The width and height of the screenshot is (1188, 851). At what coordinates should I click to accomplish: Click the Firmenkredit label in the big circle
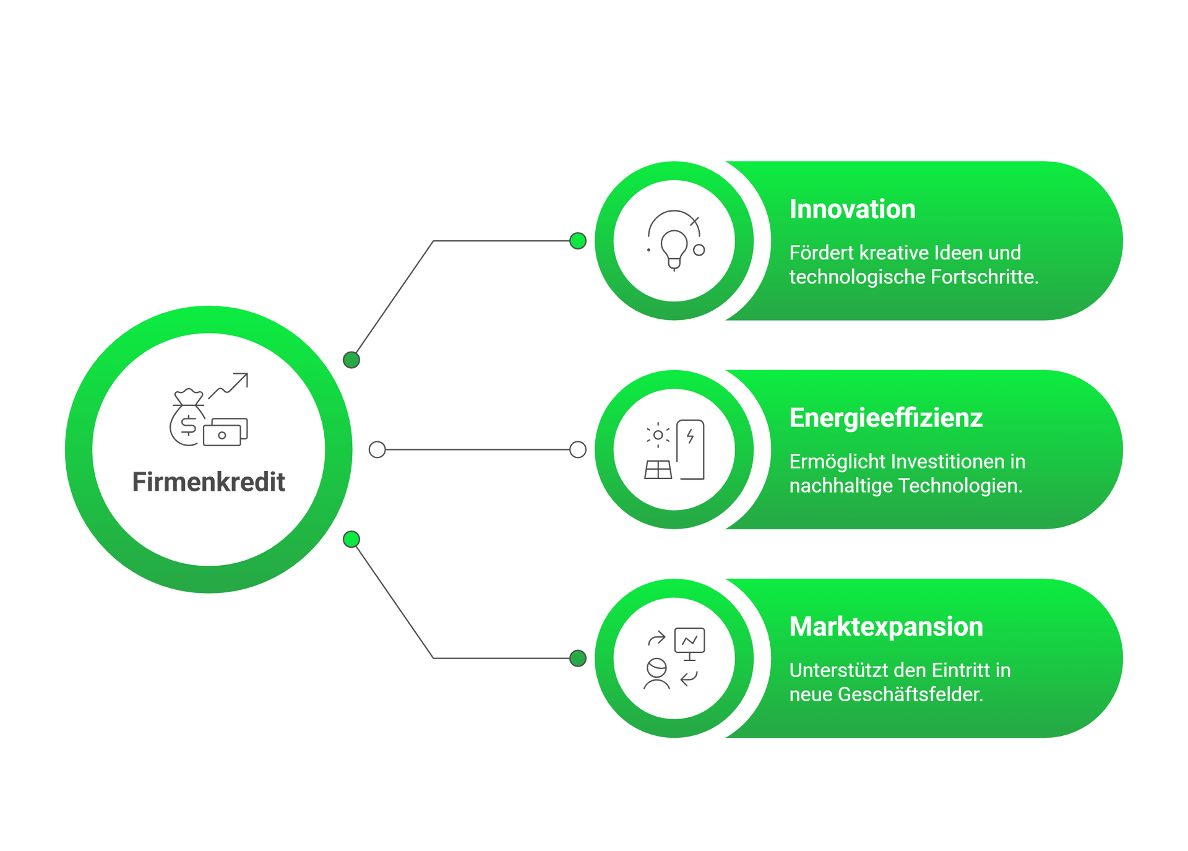point(209,482)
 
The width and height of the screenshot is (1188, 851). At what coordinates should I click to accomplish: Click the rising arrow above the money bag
point(230,384)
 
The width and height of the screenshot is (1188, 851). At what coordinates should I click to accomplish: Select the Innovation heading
point(852,209)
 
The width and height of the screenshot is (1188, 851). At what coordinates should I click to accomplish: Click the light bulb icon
point(674,242)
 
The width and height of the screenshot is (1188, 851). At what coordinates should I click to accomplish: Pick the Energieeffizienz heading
point(885,418)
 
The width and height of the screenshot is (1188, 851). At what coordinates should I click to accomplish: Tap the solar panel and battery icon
point(674,450)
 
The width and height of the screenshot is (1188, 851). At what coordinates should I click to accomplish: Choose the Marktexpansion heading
point(886,627)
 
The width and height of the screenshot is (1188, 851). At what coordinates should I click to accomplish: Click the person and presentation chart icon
point(674,659)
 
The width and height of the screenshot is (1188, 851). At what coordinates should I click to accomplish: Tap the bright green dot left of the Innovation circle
point(578,241)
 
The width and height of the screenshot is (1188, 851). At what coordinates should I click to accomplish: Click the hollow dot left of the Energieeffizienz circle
point(577,450)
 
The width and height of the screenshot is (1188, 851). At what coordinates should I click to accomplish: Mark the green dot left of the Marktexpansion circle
point(578,658)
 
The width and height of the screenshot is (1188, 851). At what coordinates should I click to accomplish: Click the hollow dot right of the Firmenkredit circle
point(377,450)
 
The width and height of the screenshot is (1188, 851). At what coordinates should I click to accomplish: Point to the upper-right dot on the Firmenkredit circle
point(351,360)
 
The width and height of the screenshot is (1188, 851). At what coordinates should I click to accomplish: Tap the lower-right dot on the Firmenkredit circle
point(351,540)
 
